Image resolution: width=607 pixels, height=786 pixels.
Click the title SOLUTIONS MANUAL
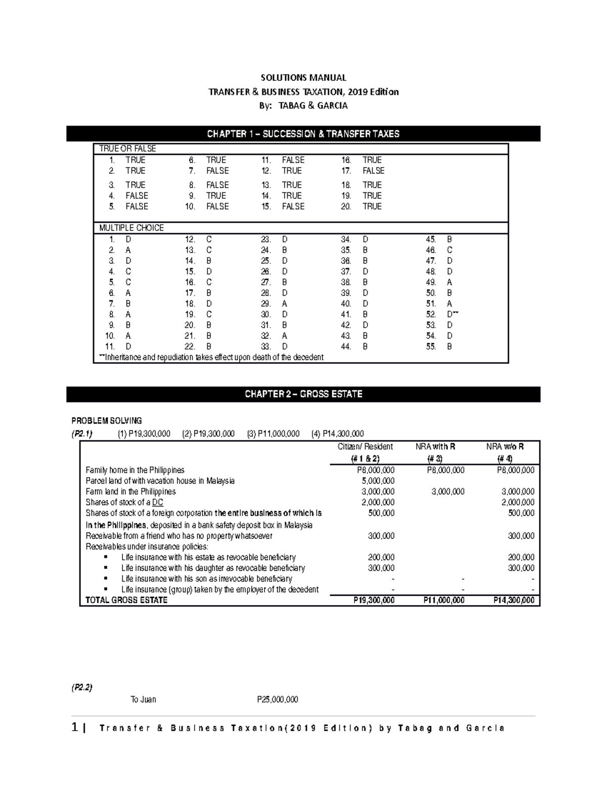click(303, 77)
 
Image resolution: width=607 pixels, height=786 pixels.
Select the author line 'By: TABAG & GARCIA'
click(303, 106)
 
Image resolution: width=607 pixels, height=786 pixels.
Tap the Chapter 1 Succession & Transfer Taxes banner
click(303, 134)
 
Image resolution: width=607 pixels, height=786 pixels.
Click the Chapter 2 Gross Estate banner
click(303, 394)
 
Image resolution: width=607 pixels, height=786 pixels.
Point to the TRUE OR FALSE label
click(127, 149)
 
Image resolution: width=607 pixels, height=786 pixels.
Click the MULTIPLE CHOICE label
click(132, 228)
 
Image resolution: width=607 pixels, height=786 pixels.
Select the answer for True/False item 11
click(293, 160)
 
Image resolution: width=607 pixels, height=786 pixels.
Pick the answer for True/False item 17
click(373, 171)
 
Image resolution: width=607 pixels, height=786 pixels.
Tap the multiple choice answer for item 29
click(285, 304)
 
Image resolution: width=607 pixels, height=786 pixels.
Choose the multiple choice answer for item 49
click(450, 282)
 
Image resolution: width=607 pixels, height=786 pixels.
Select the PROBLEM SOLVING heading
click(106, 421)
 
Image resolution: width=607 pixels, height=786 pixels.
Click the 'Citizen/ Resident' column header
click(365, 447)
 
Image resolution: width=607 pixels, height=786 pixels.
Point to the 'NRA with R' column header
click(435, 447)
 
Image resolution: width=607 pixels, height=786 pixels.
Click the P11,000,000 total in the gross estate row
click(444, 600)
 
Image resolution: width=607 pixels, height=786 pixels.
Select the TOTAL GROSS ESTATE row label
click(126, 600)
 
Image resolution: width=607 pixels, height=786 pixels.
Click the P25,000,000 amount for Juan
click(277, 699)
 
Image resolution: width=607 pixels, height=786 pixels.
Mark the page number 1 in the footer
click(75, 728)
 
